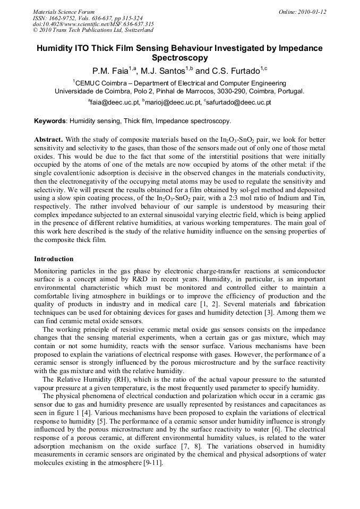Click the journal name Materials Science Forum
(x=63, y=12)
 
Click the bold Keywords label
(x=50, y=121)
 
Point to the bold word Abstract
(x=49, y=139)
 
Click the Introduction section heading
(x=54, y=259)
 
